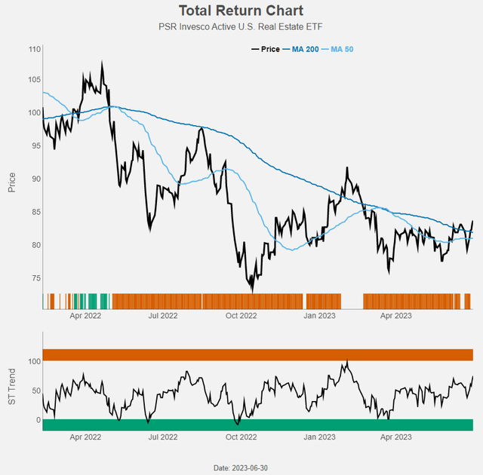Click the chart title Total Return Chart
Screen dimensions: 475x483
pyautogui.click(x=241, y=11)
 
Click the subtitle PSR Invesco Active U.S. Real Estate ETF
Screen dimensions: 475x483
pyautogui.click(x=241, y=28)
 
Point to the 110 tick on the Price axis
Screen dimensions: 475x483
pyautogui.click(x=34, y=49)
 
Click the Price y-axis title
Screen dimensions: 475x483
pyautogui.click(x=12, y=178)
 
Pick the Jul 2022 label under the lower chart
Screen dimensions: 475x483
pyautogui.click(x=163, y=437)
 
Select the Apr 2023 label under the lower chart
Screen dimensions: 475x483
pyautogui.click(x=395, y=437)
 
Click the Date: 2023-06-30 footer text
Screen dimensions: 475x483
pyautogui.click(x=241, y=468)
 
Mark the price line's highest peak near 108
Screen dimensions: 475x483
pyautogui.click(x=102, y=63)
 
